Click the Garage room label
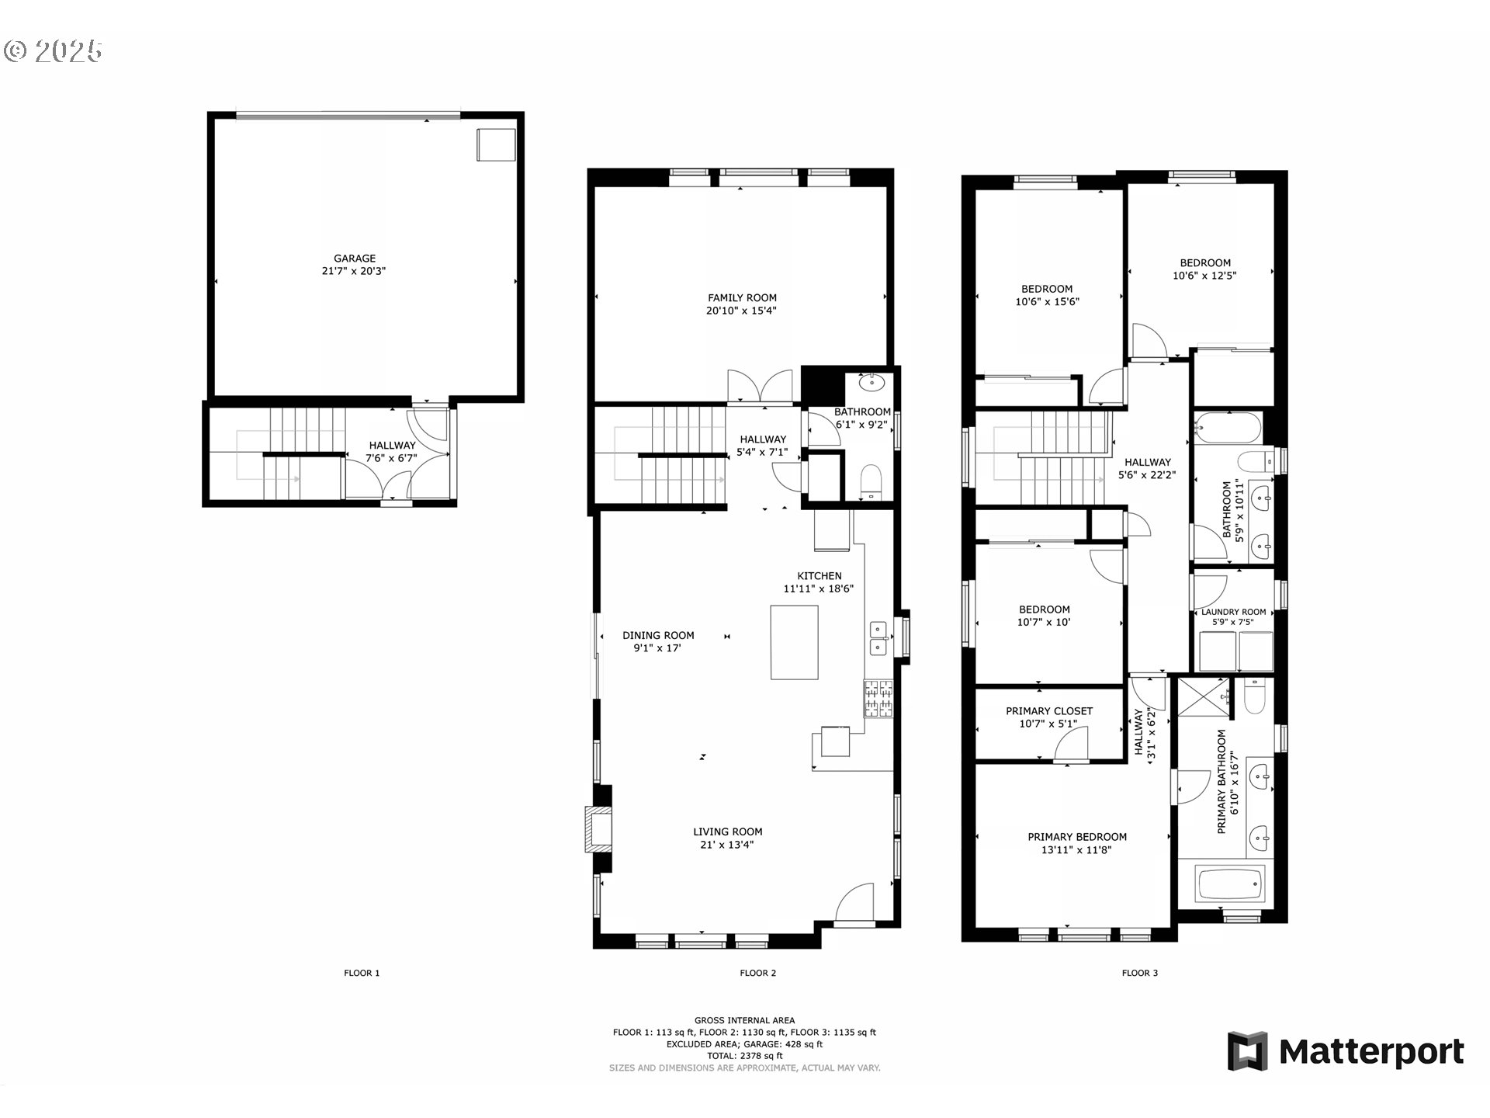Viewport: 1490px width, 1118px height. coord(355,259)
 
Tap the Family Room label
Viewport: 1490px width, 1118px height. coord(742,297)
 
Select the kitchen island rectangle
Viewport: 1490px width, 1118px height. coord(794,642)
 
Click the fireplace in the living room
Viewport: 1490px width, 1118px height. coord(598,830)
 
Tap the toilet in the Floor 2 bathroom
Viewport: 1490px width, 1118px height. coord(871,482)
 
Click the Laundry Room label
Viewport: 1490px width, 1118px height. coord(1233,612)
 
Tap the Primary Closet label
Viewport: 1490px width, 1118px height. coord(1049,710)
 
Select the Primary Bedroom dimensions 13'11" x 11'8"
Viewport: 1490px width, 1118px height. coord(1076,850)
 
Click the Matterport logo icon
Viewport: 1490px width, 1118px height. coord(1247,1051)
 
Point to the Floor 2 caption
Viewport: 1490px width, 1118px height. coord(757,973)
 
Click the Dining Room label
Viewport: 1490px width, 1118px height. coord(658,635)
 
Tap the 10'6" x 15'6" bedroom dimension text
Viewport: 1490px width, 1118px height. coord(1047,302)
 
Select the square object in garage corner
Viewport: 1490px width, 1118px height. coord(496,144)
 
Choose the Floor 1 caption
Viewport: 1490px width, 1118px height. coord(362,973)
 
